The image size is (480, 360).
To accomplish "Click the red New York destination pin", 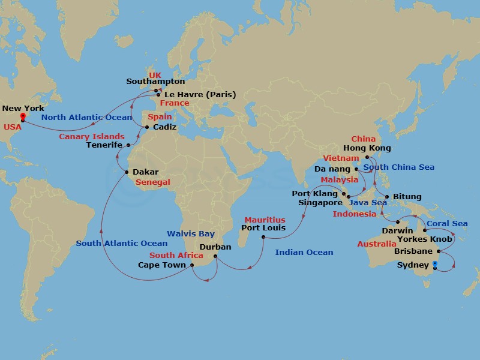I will [x=22, y=116].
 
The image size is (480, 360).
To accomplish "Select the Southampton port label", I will [x=155, y=81].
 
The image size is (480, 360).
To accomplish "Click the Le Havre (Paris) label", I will [x=199, y=94].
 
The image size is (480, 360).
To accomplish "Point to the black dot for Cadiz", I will [x=146, y=127].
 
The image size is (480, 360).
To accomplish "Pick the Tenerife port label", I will [x=104, y=145].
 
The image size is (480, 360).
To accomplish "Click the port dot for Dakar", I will [x=126, y=172].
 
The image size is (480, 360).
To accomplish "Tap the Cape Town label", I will [x=162, y=265].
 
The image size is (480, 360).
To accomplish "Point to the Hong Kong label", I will [x=367, y=148].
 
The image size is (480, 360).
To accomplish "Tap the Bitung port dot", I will [x=388, y=197].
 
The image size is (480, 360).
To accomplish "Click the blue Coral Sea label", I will [x=447, y=224].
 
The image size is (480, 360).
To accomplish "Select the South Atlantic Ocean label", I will [x=122, y=243].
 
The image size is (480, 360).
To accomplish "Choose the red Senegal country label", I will [x=153, y=182].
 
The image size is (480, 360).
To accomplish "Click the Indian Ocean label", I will [x=304, y=253].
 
